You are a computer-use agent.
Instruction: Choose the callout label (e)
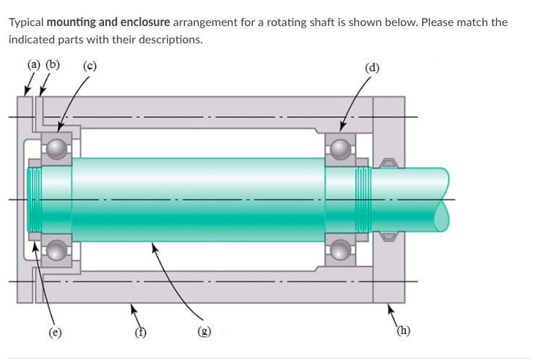click(x=54, y=333)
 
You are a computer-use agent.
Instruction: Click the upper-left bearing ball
click(x=57, y=149)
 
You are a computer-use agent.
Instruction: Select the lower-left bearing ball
click(x=57, y=251)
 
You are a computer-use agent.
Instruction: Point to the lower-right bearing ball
click(x=340, y=251)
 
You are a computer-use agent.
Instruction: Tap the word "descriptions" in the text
click(x=170, y=39)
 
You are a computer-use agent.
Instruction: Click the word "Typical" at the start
click(x=26, y=22)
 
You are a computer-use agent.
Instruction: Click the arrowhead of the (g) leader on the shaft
click(x=153, y=247)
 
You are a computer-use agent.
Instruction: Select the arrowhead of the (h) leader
click(x=391, y=307)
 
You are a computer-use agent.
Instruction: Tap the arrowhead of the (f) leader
click(x=131, y=307)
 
